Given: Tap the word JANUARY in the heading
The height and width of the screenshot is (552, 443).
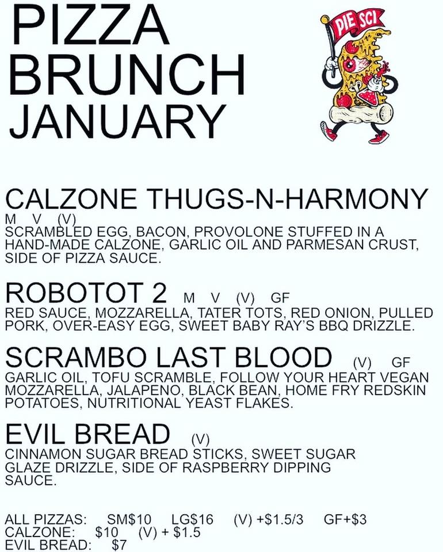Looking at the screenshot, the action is [117, 121].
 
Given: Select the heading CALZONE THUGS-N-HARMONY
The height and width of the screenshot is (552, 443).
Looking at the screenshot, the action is [216, 199].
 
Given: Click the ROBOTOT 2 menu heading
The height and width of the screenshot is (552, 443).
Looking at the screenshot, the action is [86, 293].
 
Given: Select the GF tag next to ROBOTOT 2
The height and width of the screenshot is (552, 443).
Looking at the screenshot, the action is [280, 298].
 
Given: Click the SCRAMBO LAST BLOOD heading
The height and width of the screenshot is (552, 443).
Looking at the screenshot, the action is [169, 357].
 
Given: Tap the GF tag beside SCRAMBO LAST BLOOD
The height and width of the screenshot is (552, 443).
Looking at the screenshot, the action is [401, 362].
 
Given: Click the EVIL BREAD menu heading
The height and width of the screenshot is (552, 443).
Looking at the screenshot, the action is [87, 434].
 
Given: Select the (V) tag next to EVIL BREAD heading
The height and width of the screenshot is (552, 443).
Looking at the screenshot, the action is [201, 439].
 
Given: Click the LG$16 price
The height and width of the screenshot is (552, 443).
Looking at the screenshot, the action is [192, 519].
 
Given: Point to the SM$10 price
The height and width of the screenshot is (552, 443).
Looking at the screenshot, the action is [129, 519].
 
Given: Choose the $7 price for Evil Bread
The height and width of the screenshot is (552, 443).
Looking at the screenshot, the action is [119, 545].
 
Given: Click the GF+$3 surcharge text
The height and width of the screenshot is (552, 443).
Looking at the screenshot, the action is [345, 519].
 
